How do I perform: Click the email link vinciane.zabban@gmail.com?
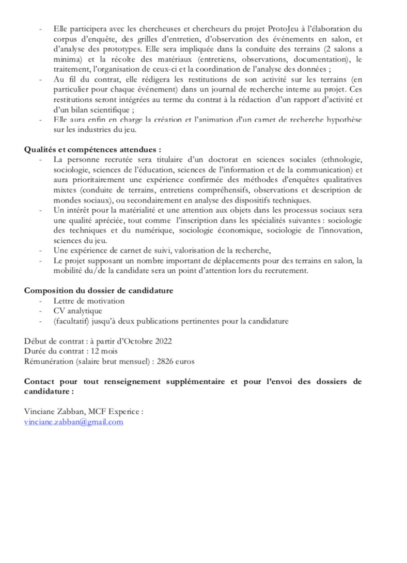point(74,421)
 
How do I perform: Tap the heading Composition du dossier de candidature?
point(98,290)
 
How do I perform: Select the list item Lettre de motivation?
point(89,301)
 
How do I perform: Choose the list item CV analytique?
point(77,311)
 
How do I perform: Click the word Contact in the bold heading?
point(40,382)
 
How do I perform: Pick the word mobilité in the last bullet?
point(69,270)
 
